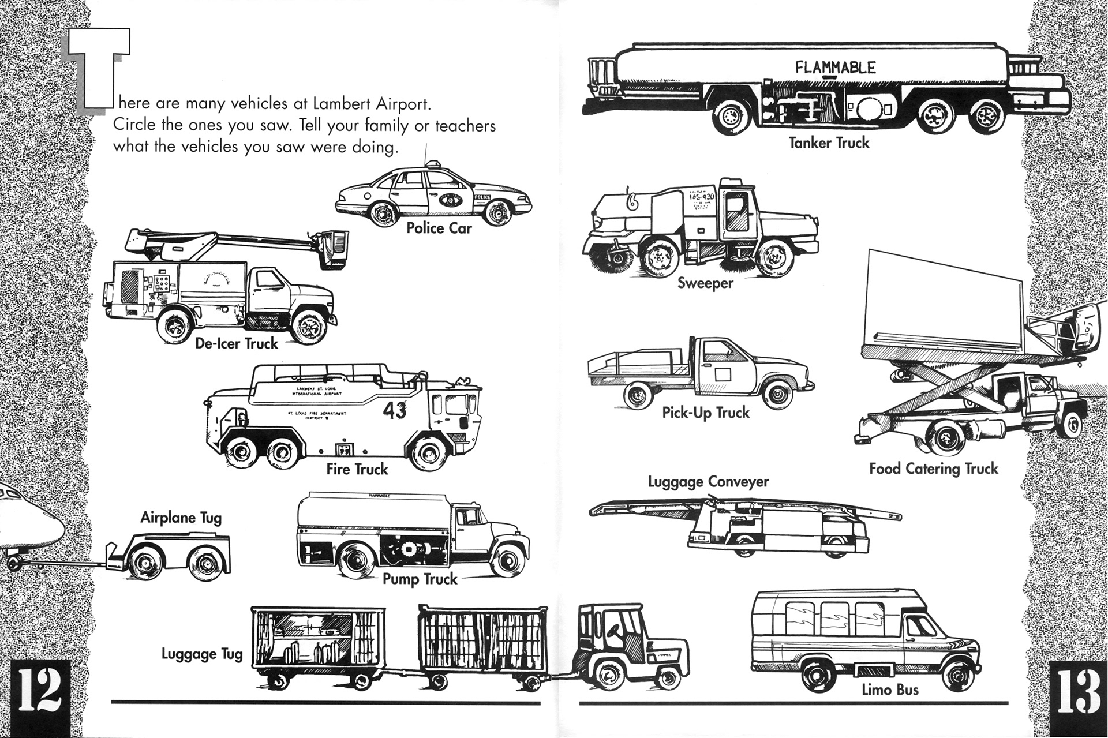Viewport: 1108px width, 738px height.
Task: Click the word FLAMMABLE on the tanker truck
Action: click(x=834, y=68)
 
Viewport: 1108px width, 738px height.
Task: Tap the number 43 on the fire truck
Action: click(x=394, y=410)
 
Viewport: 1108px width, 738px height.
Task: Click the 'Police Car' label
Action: click(x=439, y=228)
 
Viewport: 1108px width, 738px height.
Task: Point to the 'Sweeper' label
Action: click(x=705, y=283)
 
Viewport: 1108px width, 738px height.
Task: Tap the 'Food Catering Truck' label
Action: click(x=933, y=469)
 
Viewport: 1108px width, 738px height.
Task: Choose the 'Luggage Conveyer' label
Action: click(x=708, y=481)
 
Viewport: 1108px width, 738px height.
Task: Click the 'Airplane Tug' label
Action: click(x=181, y=518)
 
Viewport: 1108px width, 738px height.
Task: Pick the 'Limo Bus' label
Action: click(x=890, y=689)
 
